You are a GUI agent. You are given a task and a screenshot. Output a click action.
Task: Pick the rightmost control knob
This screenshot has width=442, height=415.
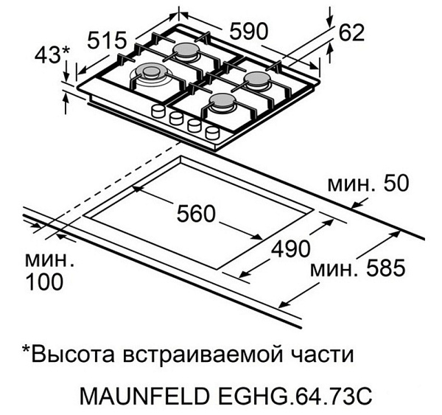tap(213, 133)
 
